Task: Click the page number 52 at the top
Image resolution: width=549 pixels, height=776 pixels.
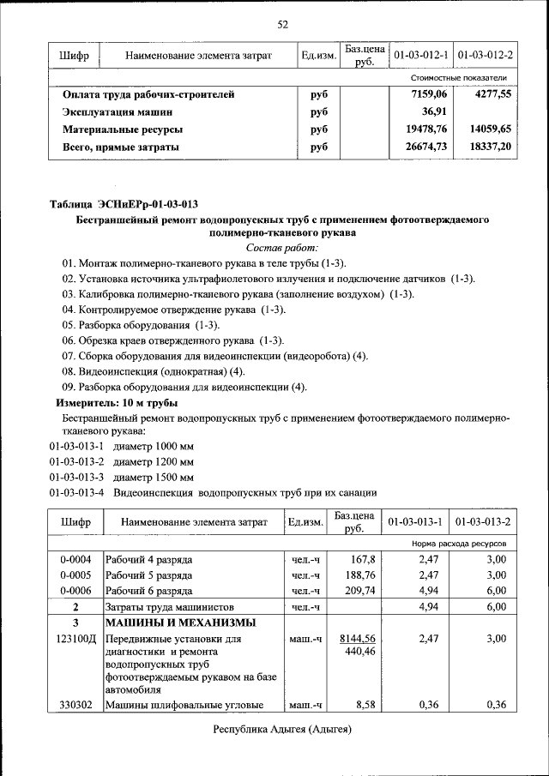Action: pyautogui.click(x=282, y=23)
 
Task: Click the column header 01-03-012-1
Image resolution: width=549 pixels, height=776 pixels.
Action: pyautogui.click(x=420, y=57)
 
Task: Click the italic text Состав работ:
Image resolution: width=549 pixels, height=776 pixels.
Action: pyautogui.click(x=282, y=247)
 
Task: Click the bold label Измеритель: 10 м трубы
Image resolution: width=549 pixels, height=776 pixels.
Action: pyautogui.click(x=117, y=402)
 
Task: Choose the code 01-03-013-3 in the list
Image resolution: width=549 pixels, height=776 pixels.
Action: pyautogui.click(x=76, y=478)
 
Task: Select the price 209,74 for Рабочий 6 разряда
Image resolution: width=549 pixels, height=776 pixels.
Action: pyautogui.click(x=358, y=592)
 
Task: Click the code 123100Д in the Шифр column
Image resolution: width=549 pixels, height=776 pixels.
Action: pyautogui.click(x=75, y=640)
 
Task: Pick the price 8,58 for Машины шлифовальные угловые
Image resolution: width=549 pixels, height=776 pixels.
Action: pyautogui.click(x=365, y=705)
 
